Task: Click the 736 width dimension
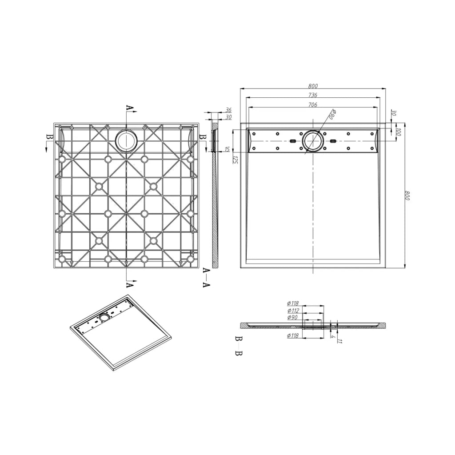click(312, 95)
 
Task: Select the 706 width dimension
click(312, 105)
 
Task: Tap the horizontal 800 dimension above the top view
click(313, 86)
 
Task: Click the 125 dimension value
click(235, 160)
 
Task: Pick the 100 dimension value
click(399, 132)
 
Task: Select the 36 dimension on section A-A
click(229, 110)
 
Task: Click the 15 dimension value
click(227, 149)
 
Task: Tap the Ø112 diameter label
click(293, 311)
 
